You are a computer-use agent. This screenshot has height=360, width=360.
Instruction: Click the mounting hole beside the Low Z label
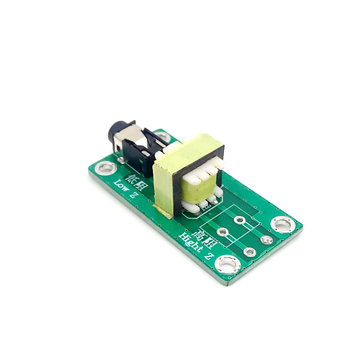pyautogui.click(x=106, y=167)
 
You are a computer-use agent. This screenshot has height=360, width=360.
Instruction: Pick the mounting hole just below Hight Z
pyautogui.click(x=228, y=265)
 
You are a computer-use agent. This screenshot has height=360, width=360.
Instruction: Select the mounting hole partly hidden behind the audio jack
pyautogui.click(x=163, y=137)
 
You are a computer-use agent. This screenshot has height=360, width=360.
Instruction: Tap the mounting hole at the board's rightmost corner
pyautogui.click(x=283, y=225)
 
